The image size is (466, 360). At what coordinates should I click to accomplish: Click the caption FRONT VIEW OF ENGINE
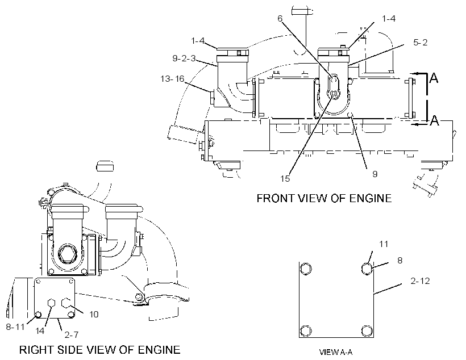324,198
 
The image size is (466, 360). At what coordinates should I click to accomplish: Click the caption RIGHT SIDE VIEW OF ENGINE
100,350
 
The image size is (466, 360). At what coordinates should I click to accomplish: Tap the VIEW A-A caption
336,352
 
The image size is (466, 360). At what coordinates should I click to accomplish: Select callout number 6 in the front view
280,18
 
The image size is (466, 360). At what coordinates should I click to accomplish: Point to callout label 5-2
420,42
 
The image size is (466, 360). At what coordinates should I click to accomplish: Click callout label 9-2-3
184,58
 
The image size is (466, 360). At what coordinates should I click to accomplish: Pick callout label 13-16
172,79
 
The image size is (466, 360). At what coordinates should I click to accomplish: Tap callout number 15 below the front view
285,178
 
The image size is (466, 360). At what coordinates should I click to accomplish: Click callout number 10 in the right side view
94,314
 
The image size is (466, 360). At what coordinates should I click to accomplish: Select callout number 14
40,330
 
